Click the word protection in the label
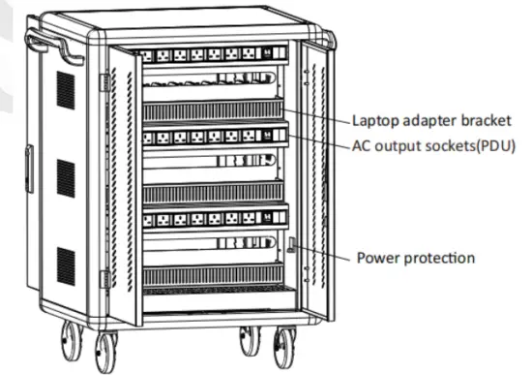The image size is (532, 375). click(439, 258)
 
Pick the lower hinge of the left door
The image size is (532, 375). click(104, 280)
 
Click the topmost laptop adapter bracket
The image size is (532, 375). click(213, 109)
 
